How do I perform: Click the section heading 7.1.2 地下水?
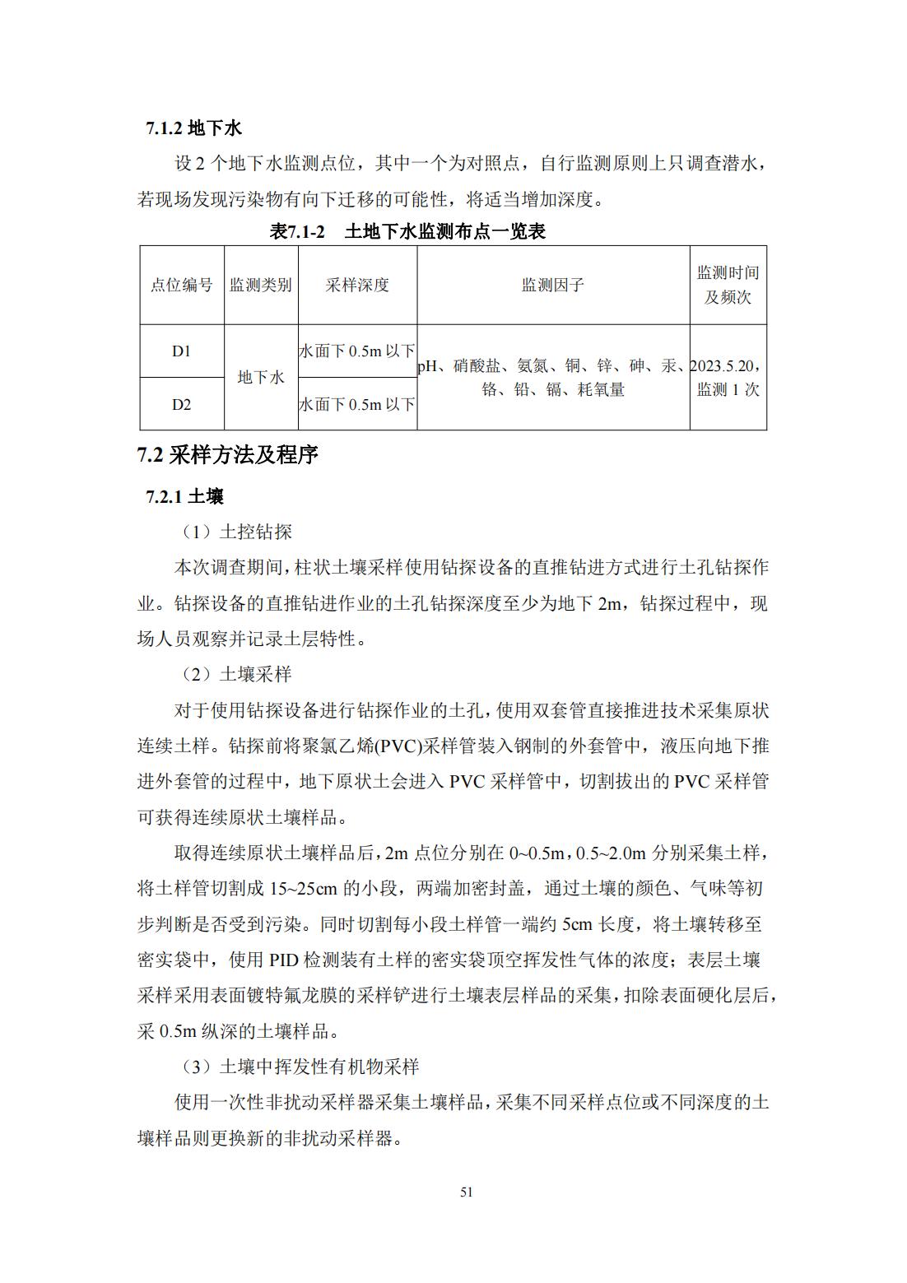pyautogui.click(x=193, y=128)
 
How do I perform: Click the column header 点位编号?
pyautogui.click(x=181, y=285)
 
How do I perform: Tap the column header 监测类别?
pyautogui.click(x=260, y=285)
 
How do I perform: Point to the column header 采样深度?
pyautogui.click(x=357, y=285)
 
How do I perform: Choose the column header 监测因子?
pyautogui.click(x=552, y=285)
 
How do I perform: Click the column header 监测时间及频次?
pyautogui.click(x=728, y=285)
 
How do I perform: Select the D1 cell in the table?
pyautogui.click(x=181, y=351)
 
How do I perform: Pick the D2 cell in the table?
pyautogui.click(x=181, y=404)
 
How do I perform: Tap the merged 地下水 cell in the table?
pyautogui.click(x=260, y=377)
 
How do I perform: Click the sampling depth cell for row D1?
pyautogui.click(x=357, y=351)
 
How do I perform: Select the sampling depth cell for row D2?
pyautogui.click(x=357, y=404)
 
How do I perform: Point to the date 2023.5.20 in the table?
pyautogui.click(x=724, y=365)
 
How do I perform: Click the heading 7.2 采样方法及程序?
pyautogui.click(x=227, y=455)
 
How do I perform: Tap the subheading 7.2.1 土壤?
pyautogui.click(x=184, y=496)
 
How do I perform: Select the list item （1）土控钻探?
pyautogui.click(x=236, y=532)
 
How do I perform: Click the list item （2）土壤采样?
pyautogui.click(x=236, y=674)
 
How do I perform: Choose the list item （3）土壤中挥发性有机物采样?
pyautogui.click(x=300, y=1067)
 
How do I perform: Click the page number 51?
pyautogui.click(x=467, y=1192)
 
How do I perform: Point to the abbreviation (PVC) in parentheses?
pyautogui.click(x=398, y=746)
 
